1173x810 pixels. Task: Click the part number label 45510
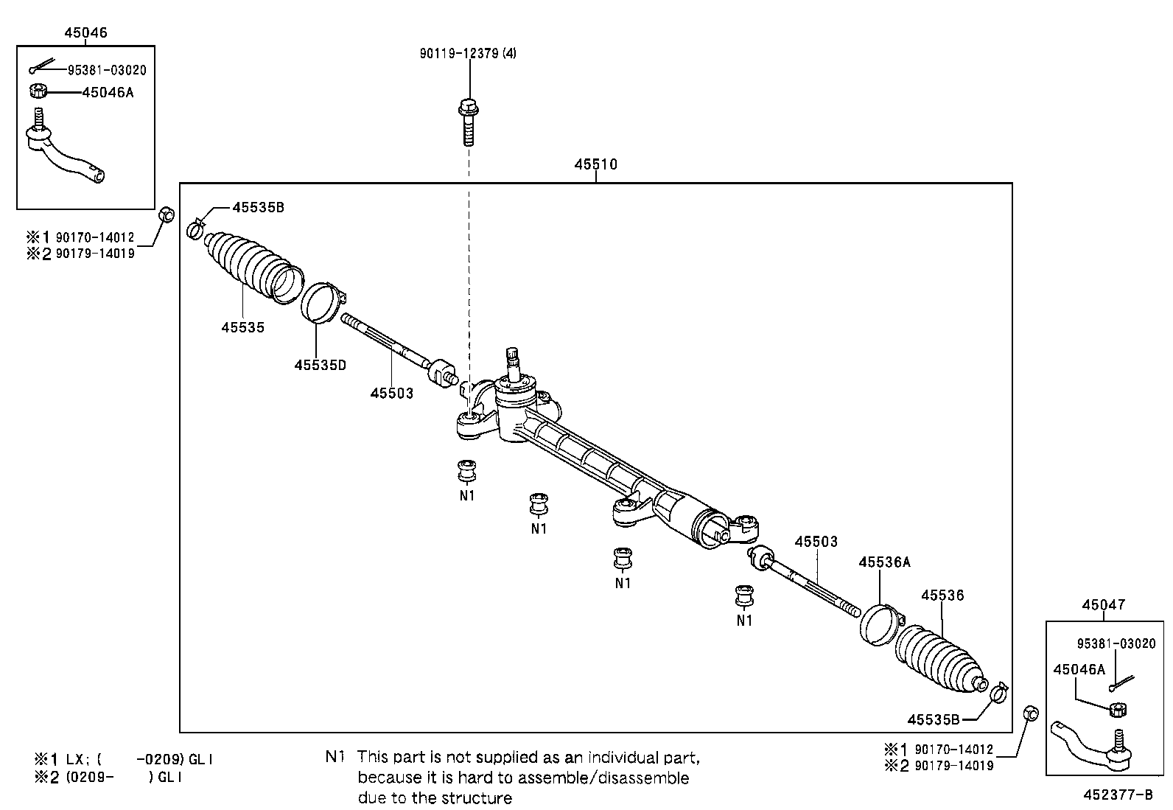pyautogui.click(x=595, y=164)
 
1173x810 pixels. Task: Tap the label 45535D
pyautogui.click(x=320, y=365)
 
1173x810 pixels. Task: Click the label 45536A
pyautogui.click(x=884, y=562)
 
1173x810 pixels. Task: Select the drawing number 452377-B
pyautogui.click(x=1117, y=795)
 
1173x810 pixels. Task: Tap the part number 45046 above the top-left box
pyautogui.click(x=85, y=32)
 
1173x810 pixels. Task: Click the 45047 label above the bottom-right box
pyautogui.click(x=1103, y=604)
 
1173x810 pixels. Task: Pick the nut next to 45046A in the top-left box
pyautogui.click(x=38, y=91)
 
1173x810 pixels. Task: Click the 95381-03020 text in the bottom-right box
pyautogui.click(x=1116, y=643)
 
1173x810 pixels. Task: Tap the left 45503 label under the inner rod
pyautogui.click(x=391, y=393)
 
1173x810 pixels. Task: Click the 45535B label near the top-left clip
pyautogui.click(x=258, y=208)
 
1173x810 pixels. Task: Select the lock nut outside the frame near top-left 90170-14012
pyautogui.click(x=168, y=215)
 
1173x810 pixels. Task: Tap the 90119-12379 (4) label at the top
pyautogui.click(x=468, y=53)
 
